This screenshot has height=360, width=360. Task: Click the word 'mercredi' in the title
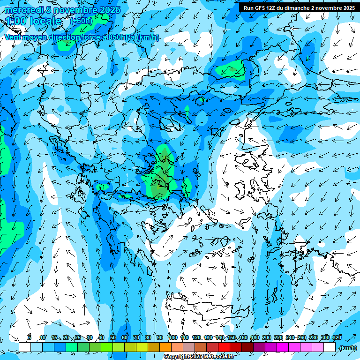(23, 10)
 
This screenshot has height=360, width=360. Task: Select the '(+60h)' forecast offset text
(81, 21)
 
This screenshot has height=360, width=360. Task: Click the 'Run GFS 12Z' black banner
(298, 7)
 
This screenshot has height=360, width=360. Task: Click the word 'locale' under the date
(45, 22)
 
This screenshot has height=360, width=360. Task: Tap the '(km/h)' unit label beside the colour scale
(348, 348)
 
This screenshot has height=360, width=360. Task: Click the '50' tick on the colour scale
(113, 337)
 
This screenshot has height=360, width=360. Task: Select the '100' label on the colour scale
(172, 337)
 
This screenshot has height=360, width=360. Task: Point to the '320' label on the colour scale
(337, 337)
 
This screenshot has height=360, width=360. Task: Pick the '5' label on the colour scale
(30, 337)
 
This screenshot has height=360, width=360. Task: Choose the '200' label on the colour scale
(266, 337)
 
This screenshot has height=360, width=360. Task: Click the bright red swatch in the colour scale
(225, 347)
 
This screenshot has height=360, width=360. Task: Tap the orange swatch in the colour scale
(165, 347)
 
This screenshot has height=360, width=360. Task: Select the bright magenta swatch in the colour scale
(283, 347)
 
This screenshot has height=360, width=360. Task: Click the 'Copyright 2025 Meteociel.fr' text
(199, 357)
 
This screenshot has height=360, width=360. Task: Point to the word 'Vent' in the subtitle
(14, 37)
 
